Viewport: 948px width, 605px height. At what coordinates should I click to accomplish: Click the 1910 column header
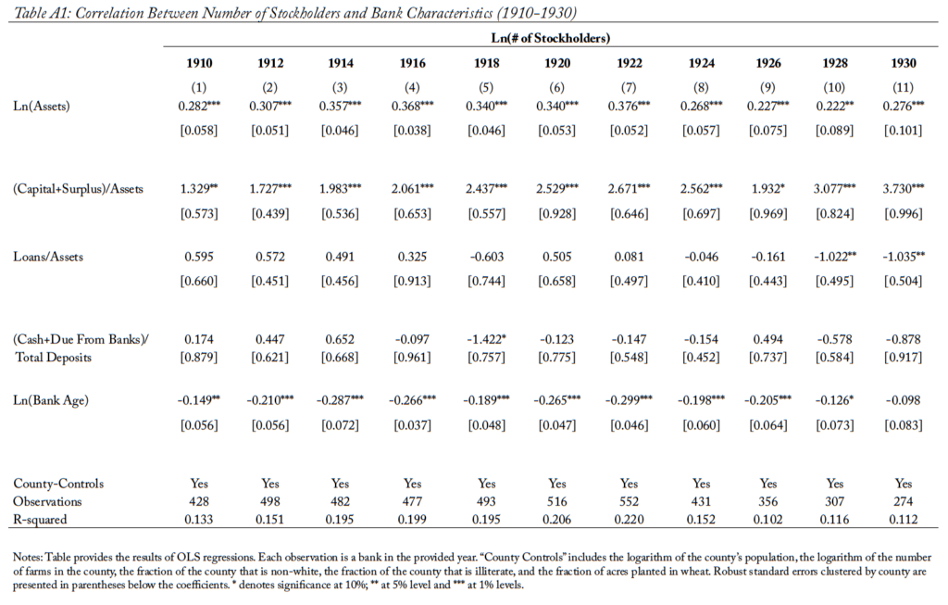[x=199, y=63]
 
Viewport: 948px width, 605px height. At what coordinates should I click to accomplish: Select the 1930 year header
[x=904, y=63]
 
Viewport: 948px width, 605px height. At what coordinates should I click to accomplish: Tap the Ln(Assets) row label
[x=42, y=107]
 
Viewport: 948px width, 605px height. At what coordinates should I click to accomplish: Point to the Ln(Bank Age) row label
[x=51, y=400]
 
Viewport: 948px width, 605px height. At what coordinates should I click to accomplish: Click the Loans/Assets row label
[x=48, y=257]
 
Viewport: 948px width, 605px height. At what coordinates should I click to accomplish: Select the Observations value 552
[x=629, y=501]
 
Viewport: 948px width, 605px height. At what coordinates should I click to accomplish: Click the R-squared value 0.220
[x=629, y=519]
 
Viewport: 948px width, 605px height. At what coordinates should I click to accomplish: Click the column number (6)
[x=556, y=87]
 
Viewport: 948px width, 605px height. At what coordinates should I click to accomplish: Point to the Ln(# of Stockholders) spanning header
[x=550, y=38]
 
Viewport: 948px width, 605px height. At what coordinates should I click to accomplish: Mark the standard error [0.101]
[x=904, y=130]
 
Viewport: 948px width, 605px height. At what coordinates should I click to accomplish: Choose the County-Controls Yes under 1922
[x=629, y=484]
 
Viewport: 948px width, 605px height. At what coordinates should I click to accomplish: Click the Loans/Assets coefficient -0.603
[x=486, y=257]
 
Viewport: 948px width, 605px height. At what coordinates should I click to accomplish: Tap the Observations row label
[x=47, y=501]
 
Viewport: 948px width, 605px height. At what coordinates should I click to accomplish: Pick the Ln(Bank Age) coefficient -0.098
[x=904, y=400]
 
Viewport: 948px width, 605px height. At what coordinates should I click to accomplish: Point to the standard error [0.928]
[x=556, y=214]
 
